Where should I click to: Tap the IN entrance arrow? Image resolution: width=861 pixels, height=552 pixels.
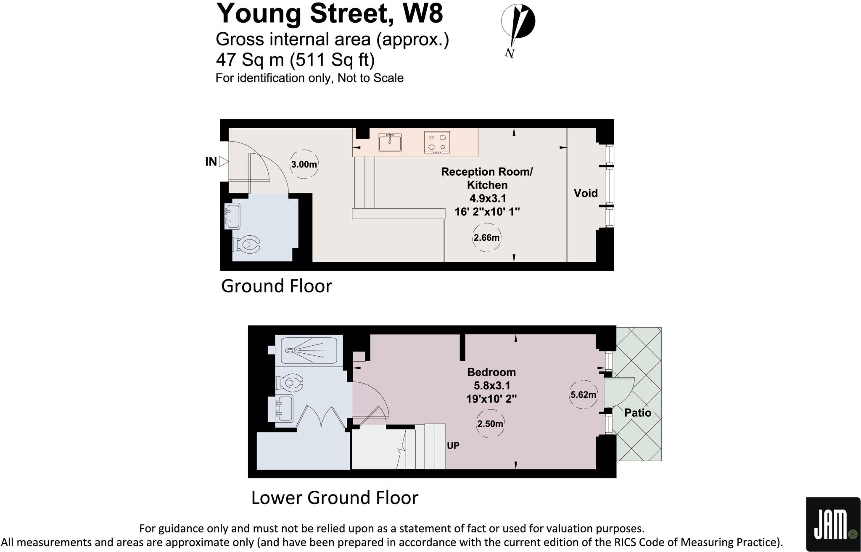coord(223,161)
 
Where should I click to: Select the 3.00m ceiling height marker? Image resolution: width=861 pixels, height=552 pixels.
coord(304,164)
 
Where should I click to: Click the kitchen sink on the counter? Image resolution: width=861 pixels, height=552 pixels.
coord(390,142)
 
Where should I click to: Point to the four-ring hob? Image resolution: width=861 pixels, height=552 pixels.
coord(437,142)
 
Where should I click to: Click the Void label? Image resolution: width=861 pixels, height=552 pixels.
coord(585,193)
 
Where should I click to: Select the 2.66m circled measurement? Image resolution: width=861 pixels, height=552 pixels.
coord(486,238)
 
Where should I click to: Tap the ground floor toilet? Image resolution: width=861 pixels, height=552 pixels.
coord(247,244)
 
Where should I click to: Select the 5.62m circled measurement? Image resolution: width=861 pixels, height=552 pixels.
coord(583,395)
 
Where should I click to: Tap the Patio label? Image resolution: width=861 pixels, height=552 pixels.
coord(637,413)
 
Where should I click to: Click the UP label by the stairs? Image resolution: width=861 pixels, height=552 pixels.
coord(453,446)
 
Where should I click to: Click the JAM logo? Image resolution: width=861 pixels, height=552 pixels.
coord(833,524)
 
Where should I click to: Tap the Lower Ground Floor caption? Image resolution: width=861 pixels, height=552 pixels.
coord(335,498)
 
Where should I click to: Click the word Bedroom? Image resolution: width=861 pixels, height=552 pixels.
coord(491,372)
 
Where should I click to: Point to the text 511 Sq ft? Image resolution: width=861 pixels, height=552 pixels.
coord(332,60)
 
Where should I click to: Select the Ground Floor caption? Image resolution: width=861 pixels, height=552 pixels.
coord(276,286)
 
